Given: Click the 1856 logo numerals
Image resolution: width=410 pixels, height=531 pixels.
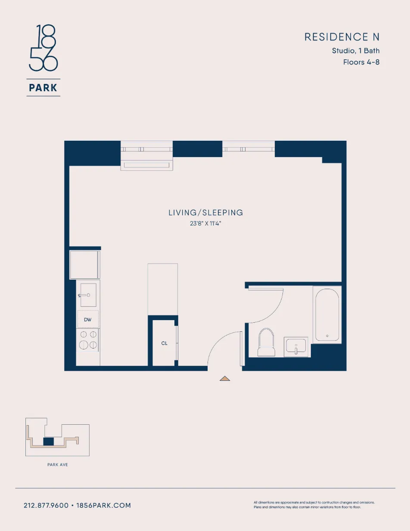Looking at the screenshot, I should (x=43, y=48).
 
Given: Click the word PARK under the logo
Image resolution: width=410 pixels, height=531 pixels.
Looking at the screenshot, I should (x=43, y=88).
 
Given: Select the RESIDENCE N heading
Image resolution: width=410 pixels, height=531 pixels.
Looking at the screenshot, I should (x=342, y=37).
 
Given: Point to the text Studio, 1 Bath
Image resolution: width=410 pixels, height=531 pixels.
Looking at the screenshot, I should (x=355, y=51).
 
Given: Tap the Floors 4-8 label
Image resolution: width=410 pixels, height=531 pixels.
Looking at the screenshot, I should (x=361, y=62).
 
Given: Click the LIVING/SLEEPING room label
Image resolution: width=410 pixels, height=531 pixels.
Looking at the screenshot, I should (x=205, y=213).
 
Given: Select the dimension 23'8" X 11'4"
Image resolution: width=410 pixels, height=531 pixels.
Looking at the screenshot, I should (x=205, y=224).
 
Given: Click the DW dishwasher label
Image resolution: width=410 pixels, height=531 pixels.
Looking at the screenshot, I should (x=88, y=320).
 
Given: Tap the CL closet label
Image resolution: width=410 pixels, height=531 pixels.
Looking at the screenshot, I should (x=164, y=343).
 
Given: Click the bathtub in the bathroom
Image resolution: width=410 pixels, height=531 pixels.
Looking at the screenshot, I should (x=327, y=315).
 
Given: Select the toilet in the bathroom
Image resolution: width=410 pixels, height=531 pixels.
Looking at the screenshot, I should (x=266, y=343).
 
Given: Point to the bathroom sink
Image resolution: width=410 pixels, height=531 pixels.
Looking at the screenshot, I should (x=296, y=346).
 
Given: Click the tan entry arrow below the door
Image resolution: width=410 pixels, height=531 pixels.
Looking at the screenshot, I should (x=225, y=379).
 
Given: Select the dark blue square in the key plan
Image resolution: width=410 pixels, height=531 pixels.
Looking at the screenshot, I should (x=49, y=441).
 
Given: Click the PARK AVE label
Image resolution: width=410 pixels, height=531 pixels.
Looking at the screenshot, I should (x=57, y=465).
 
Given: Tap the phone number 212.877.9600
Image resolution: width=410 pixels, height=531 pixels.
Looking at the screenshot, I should (x=46, y=506).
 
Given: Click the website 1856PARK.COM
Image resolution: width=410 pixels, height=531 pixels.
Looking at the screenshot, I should (x=103, y=506).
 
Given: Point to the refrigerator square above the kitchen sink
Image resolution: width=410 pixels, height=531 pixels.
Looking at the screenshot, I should (x=84, y=265).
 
